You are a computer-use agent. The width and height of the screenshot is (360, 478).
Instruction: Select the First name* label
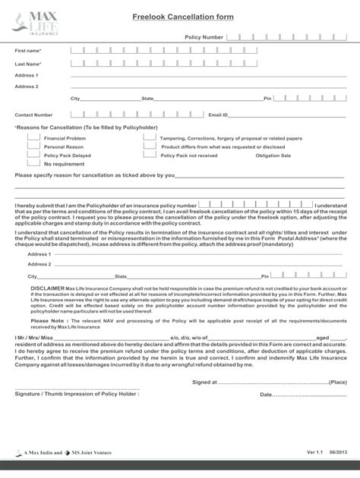[28, 51]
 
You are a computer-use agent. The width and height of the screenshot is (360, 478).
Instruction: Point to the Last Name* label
[28, 64]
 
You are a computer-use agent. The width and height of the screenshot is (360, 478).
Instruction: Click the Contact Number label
[33, 115]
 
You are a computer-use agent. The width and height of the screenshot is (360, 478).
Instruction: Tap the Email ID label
[218, 115]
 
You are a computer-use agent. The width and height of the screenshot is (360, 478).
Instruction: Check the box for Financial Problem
[33, 138]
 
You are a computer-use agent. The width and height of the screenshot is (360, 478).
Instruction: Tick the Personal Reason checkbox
[33, 146]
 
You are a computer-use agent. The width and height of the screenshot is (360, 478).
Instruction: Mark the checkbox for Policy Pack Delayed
[33, 155]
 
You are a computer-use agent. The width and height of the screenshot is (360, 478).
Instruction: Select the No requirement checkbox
[33, 163]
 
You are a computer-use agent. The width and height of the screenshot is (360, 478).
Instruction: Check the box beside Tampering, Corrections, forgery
[148, 138]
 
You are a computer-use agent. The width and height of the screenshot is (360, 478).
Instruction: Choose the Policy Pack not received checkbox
[148, 155]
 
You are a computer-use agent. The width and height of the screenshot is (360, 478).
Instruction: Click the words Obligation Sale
[273, 156]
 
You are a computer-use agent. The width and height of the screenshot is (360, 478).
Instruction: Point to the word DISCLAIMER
[47, 289]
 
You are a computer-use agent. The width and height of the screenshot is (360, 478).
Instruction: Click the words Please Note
[48, 322]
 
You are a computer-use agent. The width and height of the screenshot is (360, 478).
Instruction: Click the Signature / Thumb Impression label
[77, 395]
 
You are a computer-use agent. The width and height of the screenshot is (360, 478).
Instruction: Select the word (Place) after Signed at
[339, 382]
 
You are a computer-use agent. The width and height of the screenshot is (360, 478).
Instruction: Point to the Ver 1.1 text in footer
[314, 452]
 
